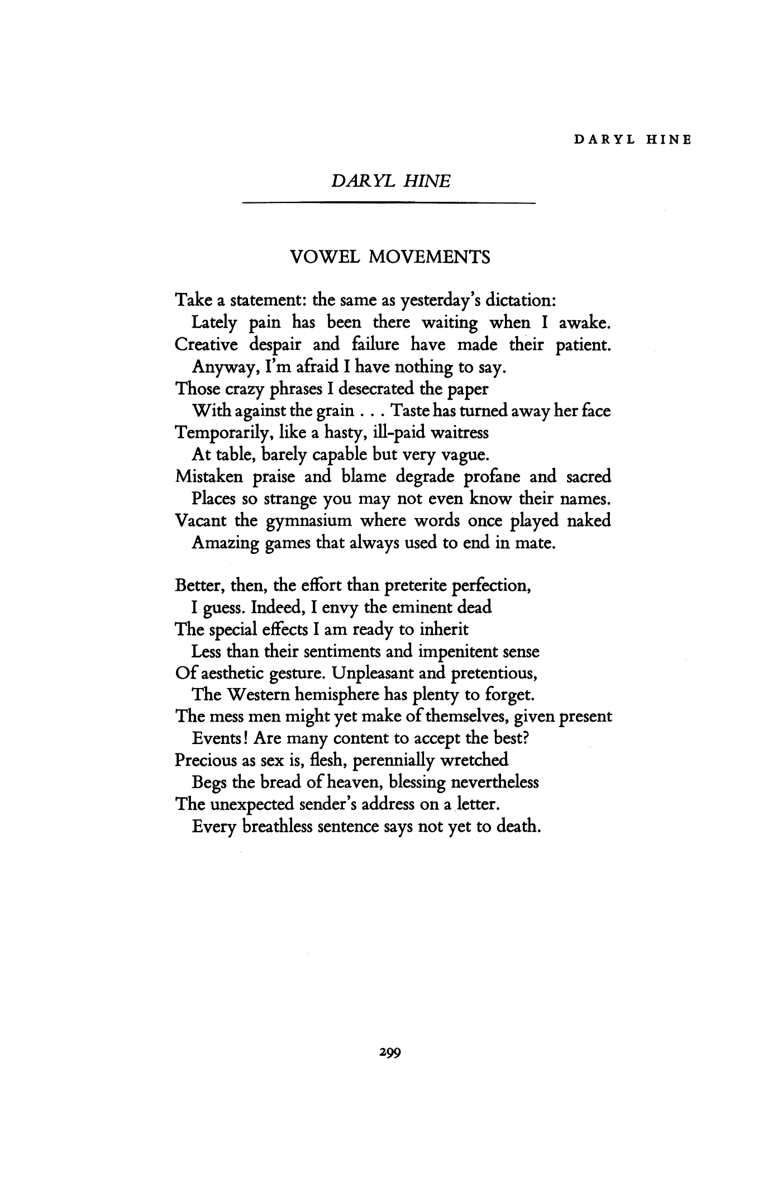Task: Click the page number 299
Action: coord(390,1052)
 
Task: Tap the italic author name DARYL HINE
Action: coord(390,181)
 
